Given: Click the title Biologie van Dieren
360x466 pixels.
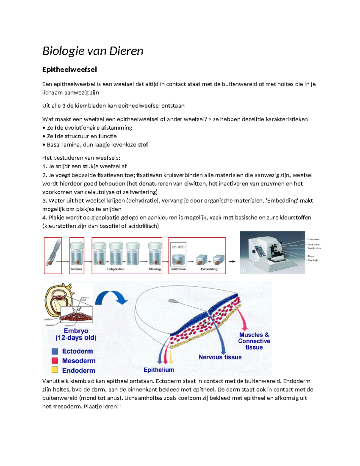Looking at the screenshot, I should [93, 51].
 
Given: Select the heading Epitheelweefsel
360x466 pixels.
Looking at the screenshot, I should [69, 70].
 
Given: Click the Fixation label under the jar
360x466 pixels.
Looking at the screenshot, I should [76, 269].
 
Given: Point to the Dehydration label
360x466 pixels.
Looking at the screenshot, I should [116, 269].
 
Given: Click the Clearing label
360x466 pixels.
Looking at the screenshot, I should [154, 269].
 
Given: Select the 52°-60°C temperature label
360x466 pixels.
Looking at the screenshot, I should [178, 247].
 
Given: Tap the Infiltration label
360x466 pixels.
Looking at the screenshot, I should [178, 269].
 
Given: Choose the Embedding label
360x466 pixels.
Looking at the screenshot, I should [209, 269].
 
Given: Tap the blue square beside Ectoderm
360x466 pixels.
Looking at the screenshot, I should [55, 351].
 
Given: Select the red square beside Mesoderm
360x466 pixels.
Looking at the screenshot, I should [55, 361].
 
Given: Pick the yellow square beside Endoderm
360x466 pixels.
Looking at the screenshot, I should [55, 370].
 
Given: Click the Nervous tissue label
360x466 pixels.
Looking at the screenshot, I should [220, 357].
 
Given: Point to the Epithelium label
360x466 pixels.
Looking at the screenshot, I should [159, 370].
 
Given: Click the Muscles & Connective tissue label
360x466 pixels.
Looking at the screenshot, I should [254, 341].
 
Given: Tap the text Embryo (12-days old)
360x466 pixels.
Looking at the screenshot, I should [76, 334].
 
